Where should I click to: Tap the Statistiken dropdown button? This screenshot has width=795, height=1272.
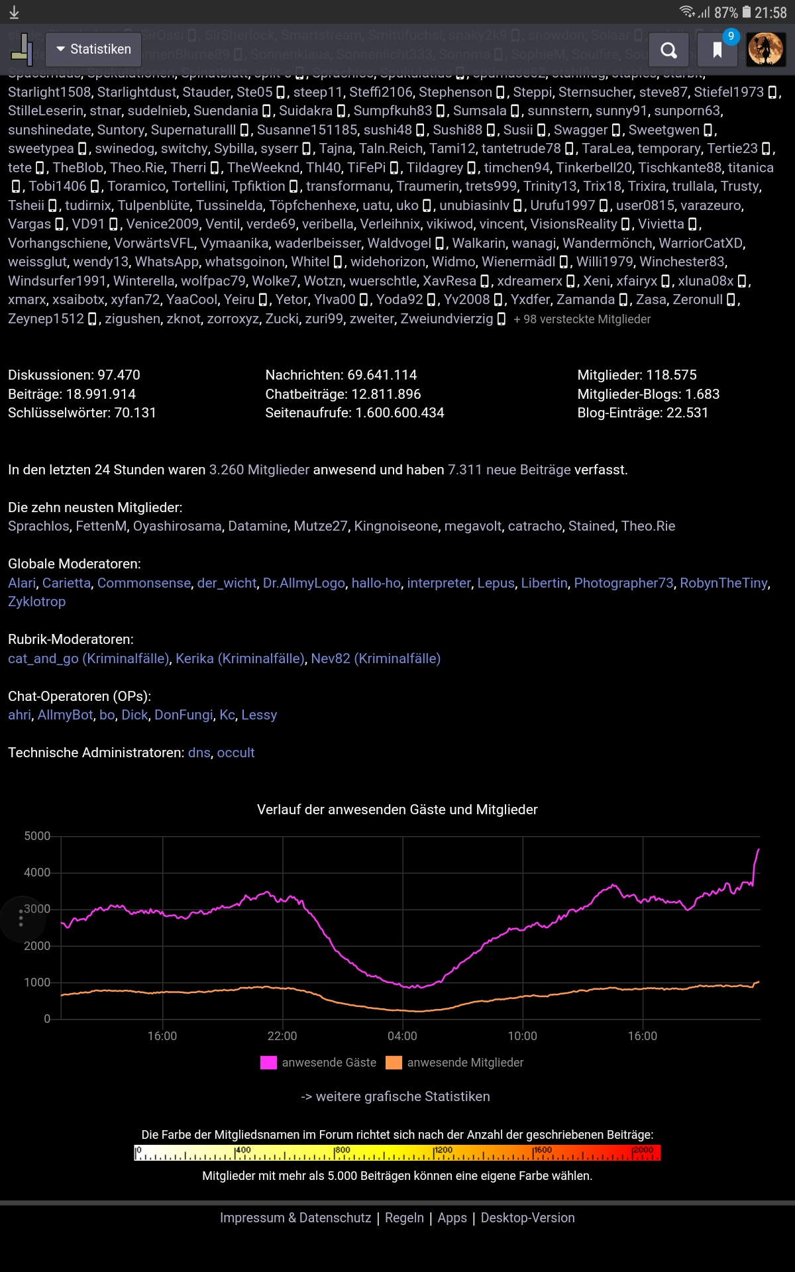tap(93, 49)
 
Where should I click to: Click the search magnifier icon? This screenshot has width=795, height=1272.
tap(668, 50)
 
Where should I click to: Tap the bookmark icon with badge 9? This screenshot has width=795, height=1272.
tap(717, 50)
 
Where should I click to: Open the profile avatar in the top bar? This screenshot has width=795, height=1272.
tap(766, 50)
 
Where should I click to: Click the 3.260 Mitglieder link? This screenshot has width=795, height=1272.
tap(259, 470)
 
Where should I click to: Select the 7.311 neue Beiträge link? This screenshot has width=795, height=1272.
tap(509, 470)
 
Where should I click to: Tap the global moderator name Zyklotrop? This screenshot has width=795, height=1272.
tap(36, 602)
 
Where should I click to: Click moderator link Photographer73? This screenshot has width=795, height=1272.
tap(623, 583)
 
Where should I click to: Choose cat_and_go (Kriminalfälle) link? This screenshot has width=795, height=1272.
tap(89, 659)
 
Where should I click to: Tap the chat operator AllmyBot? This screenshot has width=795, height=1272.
tap(66, 715)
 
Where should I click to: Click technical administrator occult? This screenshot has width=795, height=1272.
tap(236, 753)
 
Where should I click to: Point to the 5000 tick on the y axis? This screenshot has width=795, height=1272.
tap(37, 836)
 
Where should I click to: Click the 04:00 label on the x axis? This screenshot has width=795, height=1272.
tap(402, 1036)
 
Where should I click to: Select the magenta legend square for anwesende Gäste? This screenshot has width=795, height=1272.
tap(268, 1063)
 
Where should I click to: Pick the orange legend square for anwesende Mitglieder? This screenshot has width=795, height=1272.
tap(394, 1063)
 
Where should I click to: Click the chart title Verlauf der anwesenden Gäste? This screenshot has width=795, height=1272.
tap(397, 810)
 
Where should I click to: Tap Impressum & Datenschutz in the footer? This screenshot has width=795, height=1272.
tap(295, 1218)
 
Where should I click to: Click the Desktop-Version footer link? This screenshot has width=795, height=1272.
tap(527, 1218)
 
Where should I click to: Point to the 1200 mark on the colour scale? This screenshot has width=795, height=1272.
tap(443, 1151)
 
